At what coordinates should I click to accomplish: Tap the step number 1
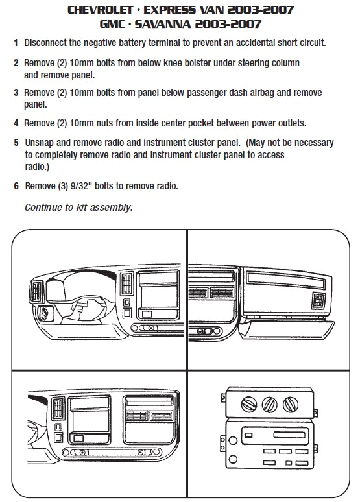point(15,43)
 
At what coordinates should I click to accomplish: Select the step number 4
point(15,123)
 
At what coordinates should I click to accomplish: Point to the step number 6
point(15,186)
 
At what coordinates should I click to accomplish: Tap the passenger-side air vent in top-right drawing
point(318,302)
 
